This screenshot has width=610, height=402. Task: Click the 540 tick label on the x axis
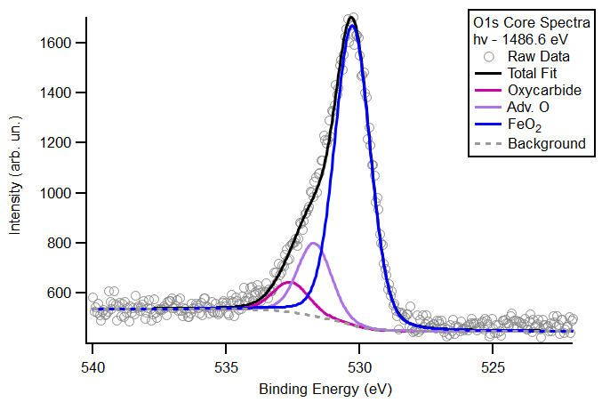(x=92, y=366)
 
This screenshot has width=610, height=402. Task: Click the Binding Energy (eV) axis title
(x=325, y=390)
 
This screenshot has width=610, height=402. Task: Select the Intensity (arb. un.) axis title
(x=15, y=179)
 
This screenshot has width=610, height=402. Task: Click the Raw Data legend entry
(x=539, y=57)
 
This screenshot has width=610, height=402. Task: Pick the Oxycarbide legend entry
(x=544, y=91)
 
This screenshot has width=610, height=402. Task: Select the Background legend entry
(x=546, y=143)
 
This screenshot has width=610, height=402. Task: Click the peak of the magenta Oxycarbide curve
(x=289, y=282)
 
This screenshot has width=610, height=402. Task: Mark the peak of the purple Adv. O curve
(x=313, y=243)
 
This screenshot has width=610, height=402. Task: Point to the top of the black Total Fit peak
(x=352, y=17)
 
